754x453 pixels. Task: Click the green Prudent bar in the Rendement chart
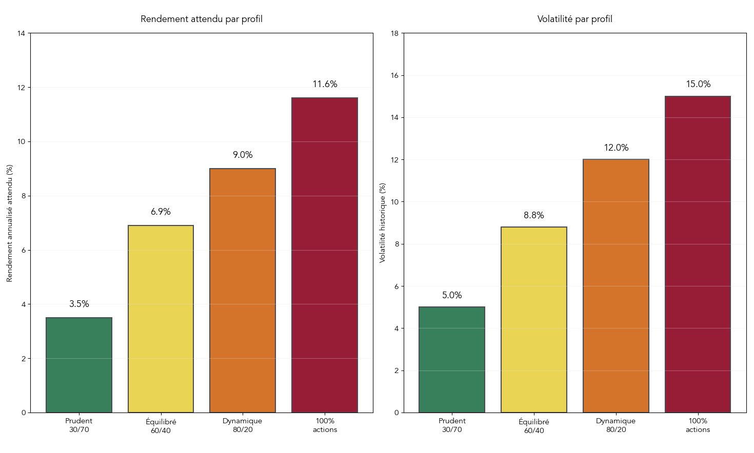[79, 365]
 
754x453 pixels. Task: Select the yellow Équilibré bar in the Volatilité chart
[533, 320]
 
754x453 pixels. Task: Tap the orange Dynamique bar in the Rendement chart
[243, 291]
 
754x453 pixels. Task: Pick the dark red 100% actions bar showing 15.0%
[698, 254]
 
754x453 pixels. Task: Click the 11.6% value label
[325, 85]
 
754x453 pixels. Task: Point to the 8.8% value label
[533, 216]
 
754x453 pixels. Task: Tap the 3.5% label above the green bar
[79, 304]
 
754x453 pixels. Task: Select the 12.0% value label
[616, 148]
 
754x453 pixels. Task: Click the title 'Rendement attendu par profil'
[202, 19]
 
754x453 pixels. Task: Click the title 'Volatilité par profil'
[574, 19]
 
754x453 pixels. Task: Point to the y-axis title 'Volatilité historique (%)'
[382, 223]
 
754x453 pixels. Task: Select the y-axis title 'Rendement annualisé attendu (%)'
[9, 223]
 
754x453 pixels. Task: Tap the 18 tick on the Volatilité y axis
[394, 33]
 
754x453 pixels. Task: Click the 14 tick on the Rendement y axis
[21, 33]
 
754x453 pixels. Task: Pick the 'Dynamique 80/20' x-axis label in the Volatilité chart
[616, 425]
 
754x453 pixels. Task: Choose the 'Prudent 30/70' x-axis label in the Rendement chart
[79, 425]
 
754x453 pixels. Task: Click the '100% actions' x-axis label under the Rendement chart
[325, 425]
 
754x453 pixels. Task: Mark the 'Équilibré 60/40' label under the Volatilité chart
[533, 426]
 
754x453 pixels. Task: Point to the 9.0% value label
[243, 155]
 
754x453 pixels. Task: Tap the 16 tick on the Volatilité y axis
[394, 75]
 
